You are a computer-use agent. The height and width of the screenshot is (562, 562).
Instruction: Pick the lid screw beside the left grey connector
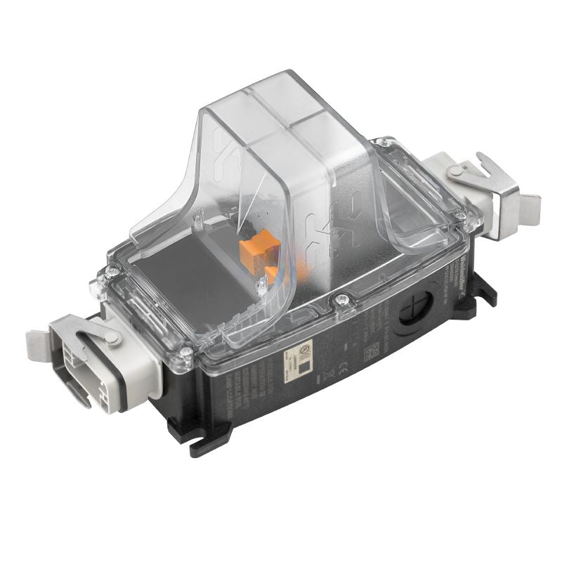click(x=186, y=352)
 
